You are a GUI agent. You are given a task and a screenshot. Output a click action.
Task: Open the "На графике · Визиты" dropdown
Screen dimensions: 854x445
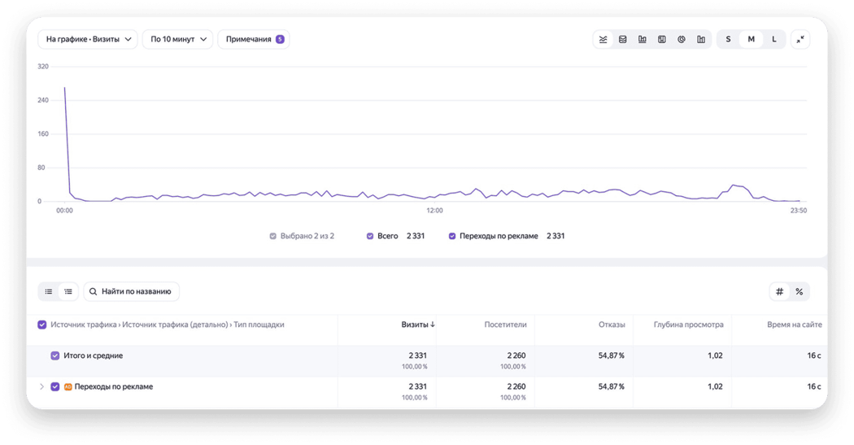[88, 39]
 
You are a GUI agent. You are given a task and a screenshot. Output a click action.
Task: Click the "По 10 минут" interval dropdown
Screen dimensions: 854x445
[177, 39]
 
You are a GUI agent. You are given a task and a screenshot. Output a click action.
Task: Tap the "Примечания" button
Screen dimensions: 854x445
[254, 39]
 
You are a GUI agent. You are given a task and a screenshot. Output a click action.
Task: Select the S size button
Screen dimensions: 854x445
[728, 39]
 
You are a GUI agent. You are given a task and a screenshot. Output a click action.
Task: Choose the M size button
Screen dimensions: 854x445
[751, 39]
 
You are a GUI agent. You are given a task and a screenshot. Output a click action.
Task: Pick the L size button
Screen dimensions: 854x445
[774, 39]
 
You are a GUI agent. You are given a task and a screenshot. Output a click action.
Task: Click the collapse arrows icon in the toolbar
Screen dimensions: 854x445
[800, 39]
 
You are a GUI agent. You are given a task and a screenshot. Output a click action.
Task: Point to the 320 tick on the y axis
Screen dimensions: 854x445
[43, 67]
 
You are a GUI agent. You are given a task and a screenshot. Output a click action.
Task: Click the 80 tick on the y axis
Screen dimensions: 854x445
[41, 168]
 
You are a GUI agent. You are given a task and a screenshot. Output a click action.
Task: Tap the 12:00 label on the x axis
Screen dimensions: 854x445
[434, 210]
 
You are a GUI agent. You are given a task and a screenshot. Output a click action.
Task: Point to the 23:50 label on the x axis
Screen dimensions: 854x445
[799, 210]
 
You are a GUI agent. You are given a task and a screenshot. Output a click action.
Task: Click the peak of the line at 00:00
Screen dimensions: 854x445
[65, 87]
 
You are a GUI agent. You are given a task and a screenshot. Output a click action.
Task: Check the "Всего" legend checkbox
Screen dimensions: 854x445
[370, 236]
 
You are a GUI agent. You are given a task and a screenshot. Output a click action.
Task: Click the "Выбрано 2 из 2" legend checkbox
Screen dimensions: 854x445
[272, 236]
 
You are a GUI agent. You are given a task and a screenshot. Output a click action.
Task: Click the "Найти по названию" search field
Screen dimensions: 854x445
[131, 291]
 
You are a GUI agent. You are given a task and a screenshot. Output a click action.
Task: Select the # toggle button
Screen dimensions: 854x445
[779, 291]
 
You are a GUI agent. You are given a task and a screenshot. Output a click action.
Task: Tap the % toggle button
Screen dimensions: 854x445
[799, 291]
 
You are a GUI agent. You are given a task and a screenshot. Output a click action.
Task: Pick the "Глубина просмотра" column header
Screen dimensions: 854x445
[688, 325]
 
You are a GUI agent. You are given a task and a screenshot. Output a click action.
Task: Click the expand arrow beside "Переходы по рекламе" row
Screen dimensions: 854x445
[42, 386]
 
